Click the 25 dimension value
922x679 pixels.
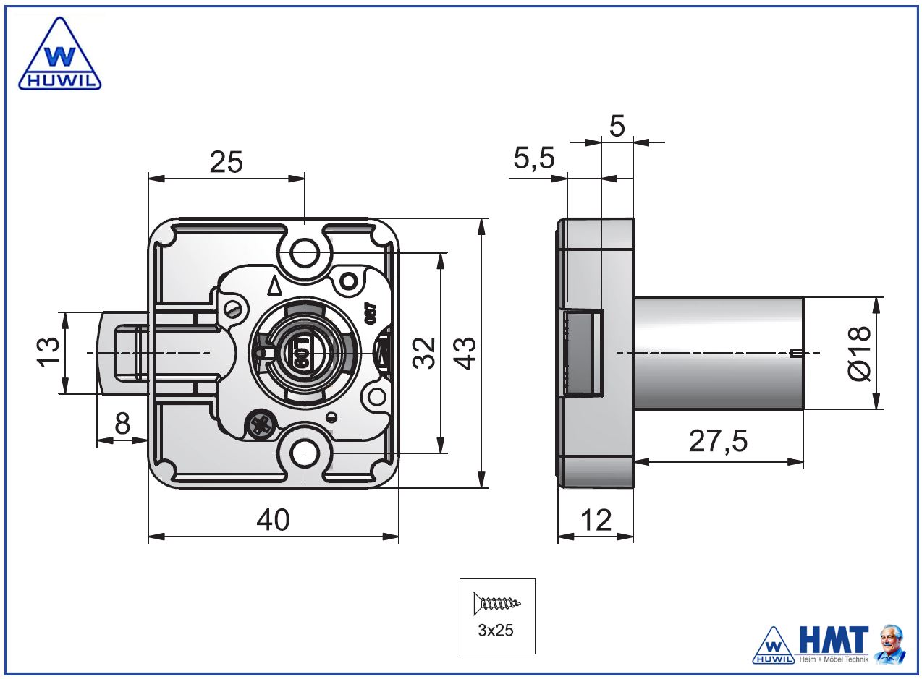[226, 162]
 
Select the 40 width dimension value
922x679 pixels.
[273, 520]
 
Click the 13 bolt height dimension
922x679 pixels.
[48, 352]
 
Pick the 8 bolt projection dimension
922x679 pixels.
[122, 424]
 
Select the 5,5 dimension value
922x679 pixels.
[534, 158]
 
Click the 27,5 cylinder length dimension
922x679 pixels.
[718, 441]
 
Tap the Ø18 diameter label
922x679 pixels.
[859, 353]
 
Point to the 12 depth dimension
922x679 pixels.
[596, 520]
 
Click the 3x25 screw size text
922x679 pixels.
[496, 631]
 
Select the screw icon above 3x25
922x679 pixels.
[496, 602]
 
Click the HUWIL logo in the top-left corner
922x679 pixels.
[59, 56]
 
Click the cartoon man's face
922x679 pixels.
[891, 640]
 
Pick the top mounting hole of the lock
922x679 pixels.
[305, 252]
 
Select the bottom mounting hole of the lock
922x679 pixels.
[305, 453]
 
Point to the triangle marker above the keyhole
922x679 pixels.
[274, 286]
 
